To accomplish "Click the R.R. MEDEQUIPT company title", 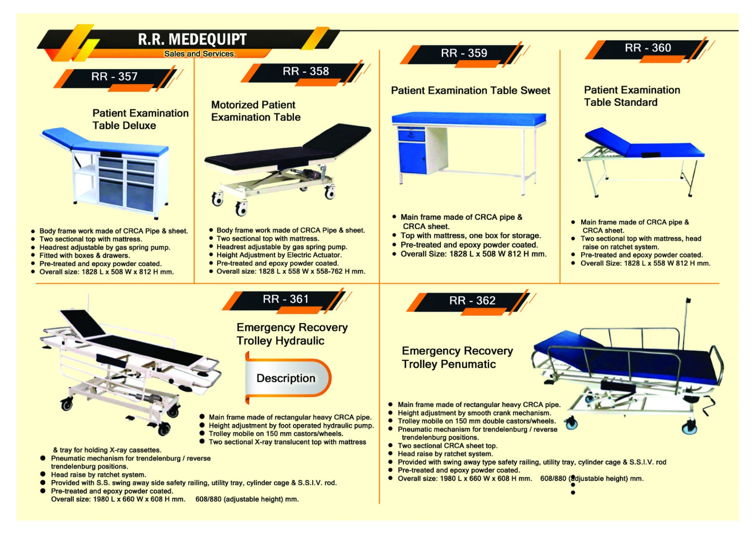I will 192,39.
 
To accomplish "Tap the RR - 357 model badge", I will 114,77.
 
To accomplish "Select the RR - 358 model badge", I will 305,71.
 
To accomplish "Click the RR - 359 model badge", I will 464,53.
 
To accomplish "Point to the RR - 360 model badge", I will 647,48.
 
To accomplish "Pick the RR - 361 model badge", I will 286,299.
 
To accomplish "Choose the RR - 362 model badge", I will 472,301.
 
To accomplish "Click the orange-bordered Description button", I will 286,378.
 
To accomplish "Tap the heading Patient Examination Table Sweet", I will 470,91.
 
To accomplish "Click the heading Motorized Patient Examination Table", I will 256,111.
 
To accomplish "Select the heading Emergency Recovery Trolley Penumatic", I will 457,357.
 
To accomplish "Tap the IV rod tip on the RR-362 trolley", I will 688,300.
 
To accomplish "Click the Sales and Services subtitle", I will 200,54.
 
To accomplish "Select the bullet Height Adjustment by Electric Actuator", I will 279,255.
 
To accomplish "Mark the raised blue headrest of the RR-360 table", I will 607,139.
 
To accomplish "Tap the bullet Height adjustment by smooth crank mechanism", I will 474,413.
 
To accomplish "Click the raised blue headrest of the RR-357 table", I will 60,136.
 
